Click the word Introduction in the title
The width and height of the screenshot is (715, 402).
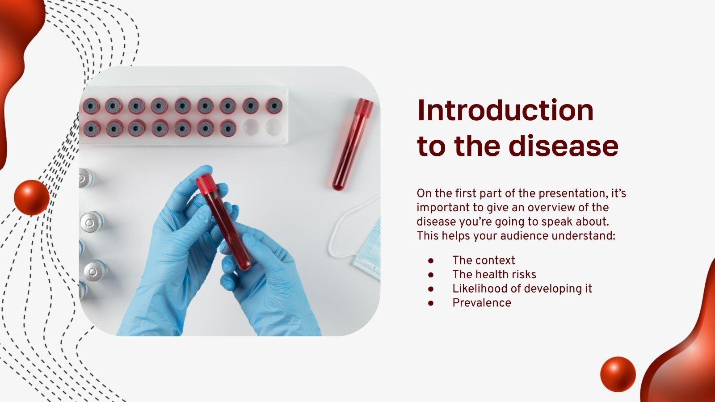(505, 110)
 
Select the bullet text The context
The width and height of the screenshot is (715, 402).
(484, 260)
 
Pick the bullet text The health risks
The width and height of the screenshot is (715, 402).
(494, 275)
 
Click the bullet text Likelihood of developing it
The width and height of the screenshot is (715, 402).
(522, 289)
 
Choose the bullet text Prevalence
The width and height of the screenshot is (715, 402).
(481, 303)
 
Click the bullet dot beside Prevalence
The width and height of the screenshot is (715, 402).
(431, 303)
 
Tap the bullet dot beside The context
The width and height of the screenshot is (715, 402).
(431, 260)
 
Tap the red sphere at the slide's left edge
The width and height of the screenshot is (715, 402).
(31, 197)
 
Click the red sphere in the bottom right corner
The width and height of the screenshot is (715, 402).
(618, 374)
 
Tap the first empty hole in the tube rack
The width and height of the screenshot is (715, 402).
(250, 128)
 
